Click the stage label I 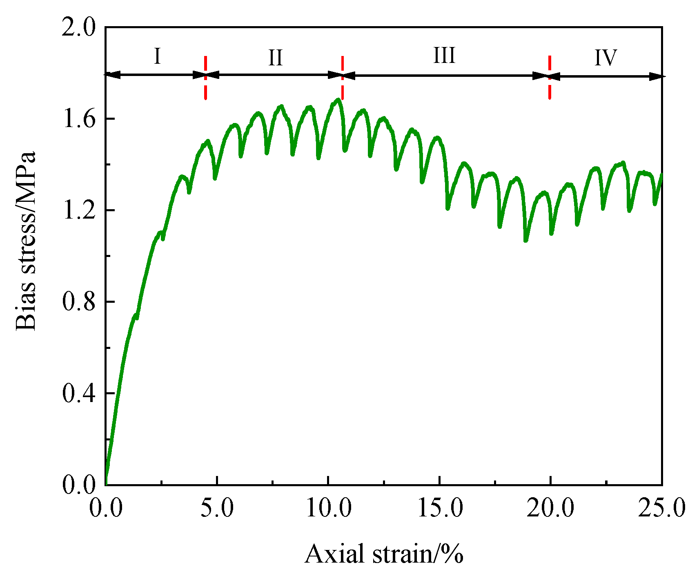point(158,56)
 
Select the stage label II point(276,58)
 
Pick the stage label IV point(606,58)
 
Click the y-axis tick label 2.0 point(79,28)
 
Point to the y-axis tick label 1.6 point(79,119)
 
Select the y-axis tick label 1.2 point(79,210)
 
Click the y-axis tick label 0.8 point(79,302)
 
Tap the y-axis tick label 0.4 point(79,393)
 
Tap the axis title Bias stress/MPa point(26,241)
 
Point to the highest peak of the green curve point(338,99)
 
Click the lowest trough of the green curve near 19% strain point(526,240)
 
